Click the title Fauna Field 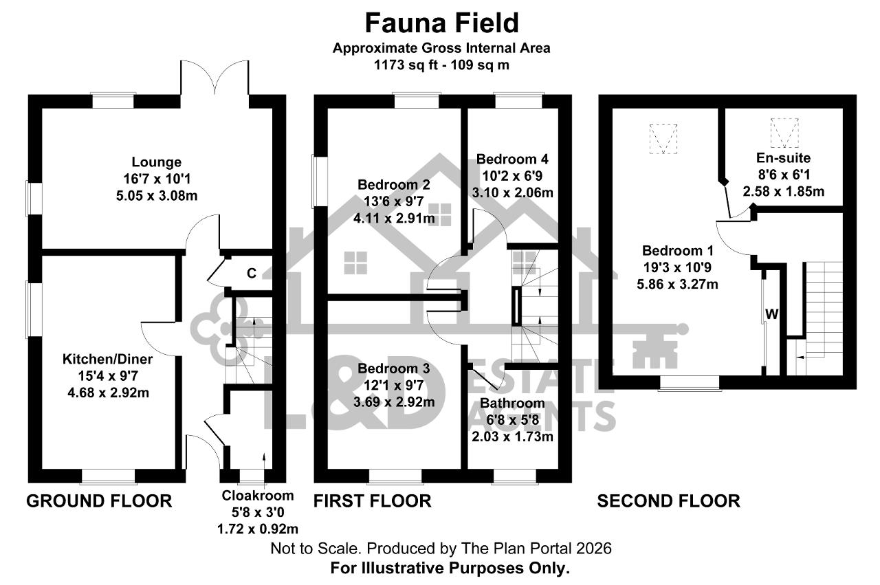(442, 23)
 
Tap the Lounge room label (156, 162)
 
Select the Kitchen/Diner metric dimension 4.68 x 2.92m (109, 393)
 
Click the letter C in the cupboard (252, 273)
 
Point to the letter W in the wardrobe (771, 314)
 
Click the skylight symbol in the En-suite (784, 133)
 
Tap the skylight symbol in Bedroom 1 (663, 139)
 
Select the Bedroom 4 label (512, 159)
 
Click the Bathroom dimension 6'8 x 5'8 (513, 419)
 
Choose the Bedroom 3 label (394, 368)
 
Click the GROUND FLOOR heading (99, 501)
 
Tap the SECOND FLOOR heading (669, 501)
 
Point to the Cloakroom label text (258, 496)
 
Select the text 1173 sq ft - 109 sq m (441, 65)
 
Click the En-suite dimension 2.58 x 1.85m (783, 191)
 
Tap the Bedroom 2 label (394, 184)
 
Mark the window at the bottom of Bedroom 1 (690, 383)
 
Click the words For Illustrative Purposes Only (450, 568)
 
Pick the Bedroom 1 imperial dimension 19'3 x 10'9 (677, 267)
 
